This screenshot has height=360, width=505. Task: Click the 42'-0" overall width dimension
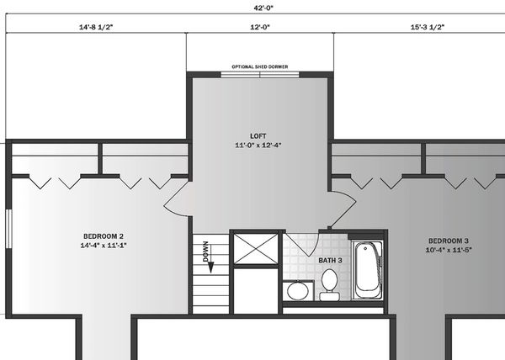point(263,8)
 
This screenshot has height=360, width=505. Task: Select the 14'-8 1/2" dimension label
point(96,27)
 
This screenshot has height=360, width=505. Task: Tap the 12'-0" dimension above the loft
point(260,27)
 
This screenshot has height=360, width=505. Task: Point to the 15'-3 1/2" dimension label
point(428,27)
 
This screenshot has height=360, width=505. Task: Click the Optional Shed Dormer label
point(260,67)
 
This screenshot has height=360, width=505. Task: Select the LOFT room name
point(258,136)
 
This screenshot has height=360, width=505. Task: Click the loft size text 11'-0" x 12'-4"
point(258,146)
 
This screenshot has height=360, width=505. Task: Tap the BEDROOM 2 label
point(104,236)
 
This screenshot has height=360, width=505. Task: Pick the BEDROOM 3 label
point(449,241)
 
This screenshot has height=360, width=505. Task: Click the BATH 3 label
point(330,260)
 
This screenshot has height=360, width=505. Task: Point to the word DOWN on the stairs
point(206,251)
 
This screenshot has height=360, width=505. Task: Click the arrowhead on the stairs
point(211,267)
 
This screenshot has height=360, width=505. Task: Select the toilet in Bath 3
point(329,284)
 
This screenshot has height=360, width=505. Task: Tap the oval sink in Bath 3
point(298,291)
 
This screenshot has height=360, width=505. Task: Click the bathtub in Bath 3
point(368,270)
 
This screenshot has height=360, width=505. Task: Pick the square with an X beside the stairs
point(256,249)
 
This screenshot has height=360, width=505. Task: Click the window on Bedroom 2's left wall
point(8,229)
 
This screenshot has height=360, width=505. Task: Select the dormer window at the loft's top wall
point(260,75)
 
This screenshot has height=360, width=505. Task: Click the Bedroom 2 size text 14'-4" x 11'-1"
point(104,246)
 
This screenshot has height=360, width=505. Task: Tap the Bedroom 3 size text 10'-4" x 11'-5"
point(449,250)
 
